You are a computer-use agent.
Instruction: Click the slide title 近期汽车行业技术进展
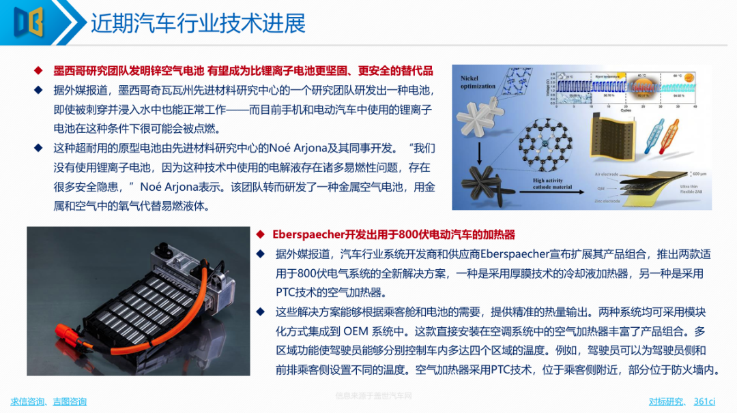point(198,23)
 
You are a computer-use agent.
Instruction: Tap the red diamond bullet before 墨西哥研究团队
point(39,70)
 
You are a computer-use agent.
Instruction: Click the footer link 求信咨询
point(28,401)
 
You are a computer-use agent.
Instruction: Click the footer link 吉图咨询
point(70,401)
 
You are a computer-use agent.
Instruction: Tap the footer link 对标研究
point(665,401)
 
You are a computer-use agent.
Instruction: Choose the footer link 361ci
point(704,401)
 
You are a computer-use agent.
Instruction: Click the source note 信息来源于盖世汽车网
point(373,396)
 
